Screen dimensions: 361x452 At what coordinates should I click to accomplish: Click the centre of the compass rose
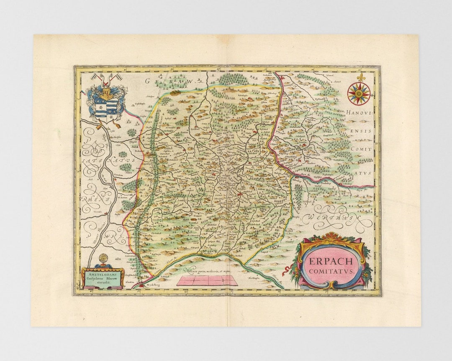point(359,93)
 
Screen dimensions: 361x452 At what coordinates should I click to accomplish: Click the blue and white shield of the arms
point(104,109)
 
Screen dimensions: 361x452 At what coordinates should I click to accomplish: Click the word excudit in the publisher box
point(103,282)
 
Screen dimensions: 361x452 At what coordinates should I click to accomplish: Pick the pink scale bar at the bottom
point(207,280)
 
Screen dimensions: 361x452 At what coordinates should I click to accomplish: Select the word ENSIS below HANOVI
point(361,131)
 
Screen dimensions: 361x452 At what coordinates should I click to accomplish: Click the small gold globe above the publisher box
point(103,258)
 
